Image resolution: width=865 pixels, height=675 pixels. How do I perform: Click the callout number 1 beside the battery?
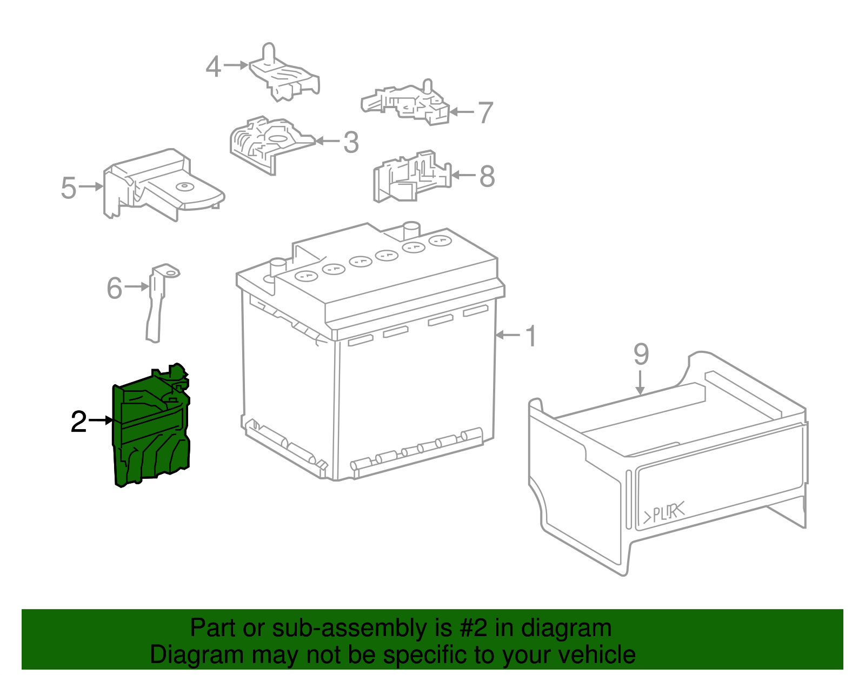coord(531,336)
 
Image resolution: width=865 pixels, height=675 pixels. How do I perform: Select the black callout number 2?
coord(78,421)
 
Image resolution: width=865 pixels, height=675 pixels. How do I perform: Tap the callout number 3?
coord(351,142)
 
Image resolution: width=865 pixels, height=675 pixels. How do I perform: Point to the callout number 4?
coord(214,66)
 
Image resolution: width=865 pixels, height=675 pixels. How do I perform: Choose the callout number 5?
coord(68,188)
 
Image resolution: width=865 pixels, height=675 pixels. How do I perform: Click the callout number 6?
coord(115,288)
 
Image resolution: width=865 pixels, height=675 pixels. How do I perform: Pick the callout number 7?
coord(485,112)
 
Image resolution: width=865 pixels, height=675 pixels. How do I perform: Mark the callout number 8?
coord(487,176)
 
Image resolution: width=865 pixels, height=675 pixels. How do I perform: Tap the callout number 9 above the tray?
coord(641,354)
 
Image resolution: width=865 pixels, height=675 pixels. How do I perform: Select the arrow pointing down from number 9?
coord(640,382)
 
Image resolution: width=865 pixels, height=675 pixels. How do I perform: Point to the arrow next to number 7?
coord(461,112)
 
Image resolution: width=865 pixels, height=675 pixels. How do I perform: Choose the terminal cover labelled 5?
coord(164,185)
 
